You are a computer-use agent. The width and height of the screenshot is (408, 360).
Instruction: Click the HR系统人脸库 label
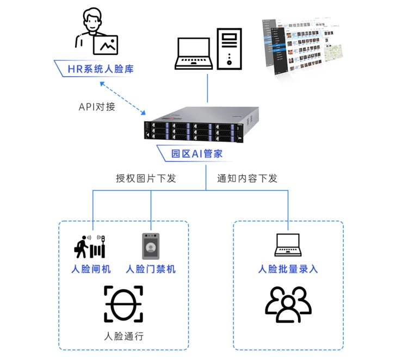coord(100,69)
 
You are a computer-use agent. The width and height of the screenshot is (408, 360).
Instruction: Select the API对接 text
coord(97,106)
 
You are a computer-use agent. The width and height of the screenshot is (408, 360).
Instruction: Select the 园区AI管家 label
coord(196,153)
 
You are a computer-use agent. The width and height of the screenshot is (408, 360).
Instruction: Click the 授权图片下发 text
coord(146,178)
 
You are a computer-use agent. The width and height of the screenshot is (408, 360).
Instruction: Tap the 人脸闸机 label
coord(91,269)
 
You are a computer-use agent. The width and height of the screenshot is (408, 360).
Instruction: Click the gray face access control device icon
coord(150,246)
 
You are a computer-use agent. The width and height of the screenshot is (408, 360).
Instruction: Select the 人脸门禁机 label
coord(151,269)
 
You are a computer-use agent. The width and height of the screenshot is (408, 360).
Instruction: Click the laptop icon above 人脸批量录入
coord(288,245)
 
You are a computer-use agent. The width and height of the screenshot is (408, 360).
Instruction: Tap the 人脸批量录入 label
coord(288,269)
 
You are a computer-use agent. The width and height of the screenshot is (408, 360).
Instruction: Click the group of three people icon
coord(288,304)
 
